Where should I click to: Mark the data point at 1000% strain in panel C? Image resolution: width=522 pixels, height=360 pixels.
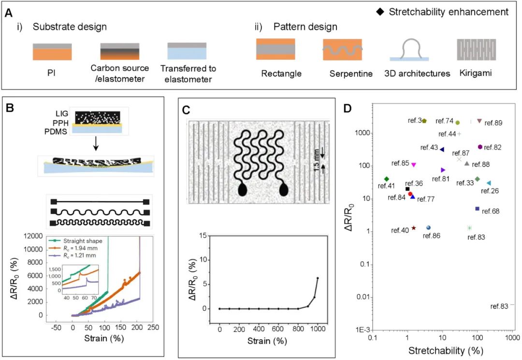[x=318, y=278]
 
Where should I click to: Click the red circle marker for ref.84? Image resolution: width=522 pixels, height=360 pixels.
[x=410, y=194]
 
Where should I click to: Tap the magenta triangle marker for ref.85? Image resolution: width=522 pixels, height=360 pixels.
[x=413, y=165]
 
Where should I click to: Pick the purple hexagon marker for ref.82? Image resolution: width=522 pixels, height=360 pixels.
[x=480, y=147]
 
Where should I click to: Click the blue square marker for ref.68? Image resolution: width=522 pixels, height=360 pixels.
[x=477, y=209]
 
